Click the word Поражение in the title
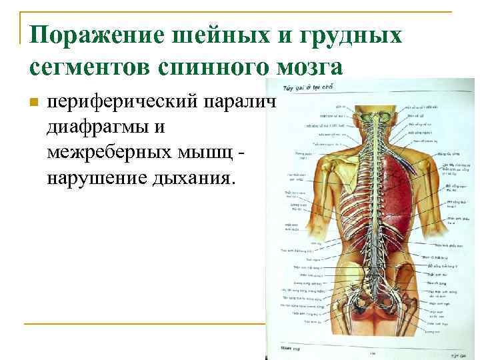click(x=90, y=35)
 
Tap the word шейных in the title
click(x=207, y=35)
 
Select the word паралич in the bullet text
click(x=250, y=104)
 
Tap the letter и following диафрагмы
click(x=163, y=126)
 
